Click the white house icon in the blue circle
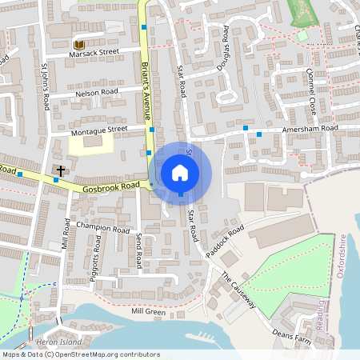click(x=180, y=172)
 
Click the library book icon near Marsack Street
click(x=78, y=45)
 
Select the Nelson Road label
click(x=97, y=93)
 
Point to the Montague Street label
click(x=100, y=128)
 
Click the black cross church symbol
click(x=61, y=170)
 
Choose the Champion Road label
click(x=102, y=229)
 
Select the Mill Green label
click(x=148, y=312)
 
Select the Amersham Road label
click(x=309, y=128)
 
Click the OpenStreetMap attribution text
click(x=80, y=354)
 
